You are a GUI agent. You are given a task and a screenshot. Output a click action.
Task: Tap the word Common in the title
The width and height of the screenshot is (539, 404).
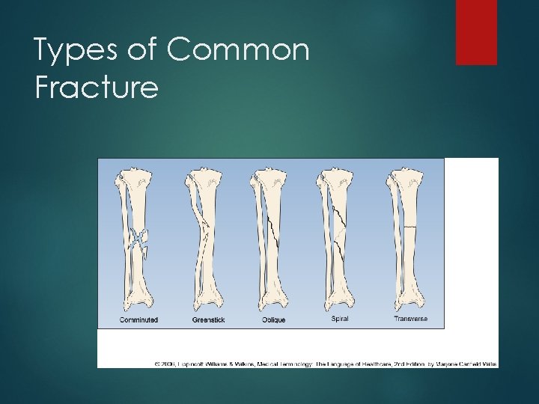[238, 51]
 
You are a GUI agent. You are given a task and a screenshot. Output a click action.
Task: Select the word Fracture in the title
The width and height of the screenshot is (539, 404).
[97, 88]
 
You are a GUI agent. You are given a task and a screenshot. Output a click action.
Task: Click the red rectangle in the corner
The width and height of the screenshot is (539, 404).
[476, 31]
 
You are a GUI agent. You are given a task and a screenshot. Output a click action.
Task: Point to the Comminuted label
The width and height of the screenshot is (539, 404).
[138, 320]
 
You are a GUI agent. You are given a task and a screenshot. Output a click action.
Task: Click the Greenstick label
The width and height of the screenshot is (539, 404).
[208, 320]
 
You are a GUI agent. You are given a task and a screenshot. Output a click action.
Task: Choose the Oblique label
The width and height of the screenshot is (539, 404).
[273, 320]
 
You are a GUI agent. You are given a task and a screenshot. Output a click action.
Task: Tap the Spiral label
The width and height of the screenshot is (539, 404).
[339, 319]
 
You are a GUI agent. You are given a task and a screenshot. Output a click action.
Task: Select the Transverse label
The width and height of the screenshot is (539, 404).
[411, 319]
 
